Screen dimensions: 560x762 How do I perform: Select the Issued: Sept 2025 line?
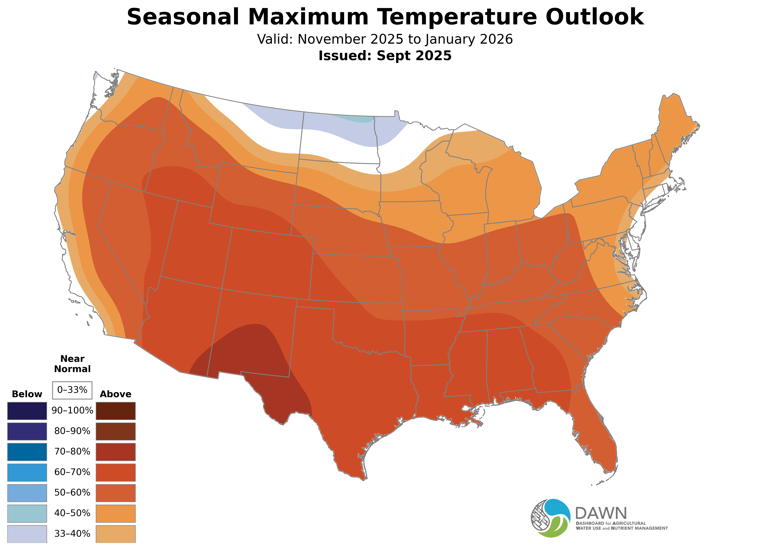click(x=385, y=56)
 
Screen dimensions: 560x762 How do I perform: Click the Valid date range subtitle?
click(x=385, y=39)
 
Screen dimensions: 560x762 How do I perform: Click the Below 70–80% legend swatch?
click(x=27, y=452)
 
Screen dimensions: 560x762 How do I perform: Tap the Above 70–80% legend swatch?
click(x=116, y=452)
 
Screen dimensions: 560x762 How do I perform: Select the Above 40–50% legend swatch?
click(x=116, y=513)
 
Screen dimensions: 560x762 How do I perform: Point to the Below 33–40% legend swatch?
click(x=27, y=534)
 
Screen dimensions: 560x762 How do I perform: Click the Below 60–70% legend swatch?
click(x=27, y=472)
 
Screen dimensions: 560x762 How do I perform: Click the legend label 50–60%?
click(x=72, y=493)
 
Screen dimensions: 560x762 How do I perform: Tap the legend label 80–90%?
click(x=72, y=431)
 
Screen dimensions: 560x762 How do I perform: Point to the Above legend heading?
click(x=116, y=394)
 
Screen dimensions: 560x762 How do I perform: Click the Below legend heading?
click(x=27, y=394)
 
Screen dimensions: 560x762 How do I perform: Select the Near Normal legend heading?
click(x=72, y=364)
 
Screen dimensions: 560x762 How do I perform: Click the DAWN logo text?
click(x=601, y=514)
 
